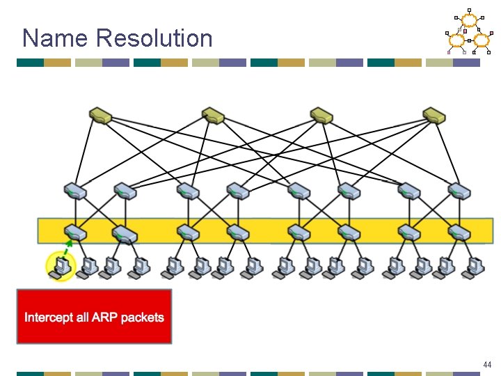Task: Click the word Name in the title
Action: tap(56, 38)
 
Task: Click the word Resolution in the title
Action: tap(154, 38)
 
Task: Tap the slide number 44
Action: tap(486, 365)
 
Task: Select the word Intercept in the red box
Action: tap(47, 318)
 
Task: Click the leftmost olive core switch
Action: tap(101, 115)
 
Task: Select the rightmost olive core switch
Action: tap(434, 115)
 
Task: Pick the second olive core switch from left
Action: tap(212, 115)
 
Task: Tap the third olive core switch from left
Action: tap(323, 115)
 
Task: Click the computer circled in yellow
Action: tap(61, 266)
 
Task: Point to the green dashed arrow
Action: tap(67, 246)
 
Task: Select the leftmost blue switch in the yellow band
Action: tap(74, 233)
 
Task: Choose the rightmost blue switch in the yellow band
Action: tap(460, 233)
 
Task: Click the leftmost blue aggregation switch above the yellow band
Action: tap(74, 190)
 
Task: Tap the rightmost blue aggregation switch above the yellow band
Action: tap(460, 190)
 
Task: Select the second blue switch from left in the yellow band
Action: tap(124, 233)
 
